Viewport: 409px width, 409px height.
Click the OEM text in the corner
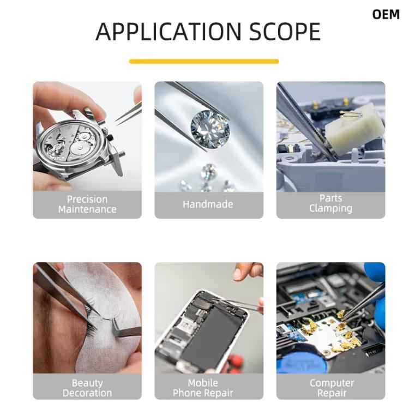tap(386, 15)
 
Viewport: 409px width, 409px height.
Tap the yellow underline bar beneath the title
tap(204, 62)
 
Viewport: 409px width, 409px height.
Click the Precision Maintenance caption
tap(87, 204)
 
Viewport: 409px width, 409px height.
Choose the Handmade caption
tap(208, 204)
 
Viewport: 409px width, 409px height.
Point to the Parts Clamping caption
tap(330, 203)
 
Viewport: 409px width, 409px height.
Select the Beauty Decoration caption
tap(87, 388)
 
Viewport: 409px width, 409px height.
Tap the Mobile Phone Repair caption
tap(203, 388)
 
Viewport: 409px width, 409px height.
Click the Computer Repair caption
tap(332, 388)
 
